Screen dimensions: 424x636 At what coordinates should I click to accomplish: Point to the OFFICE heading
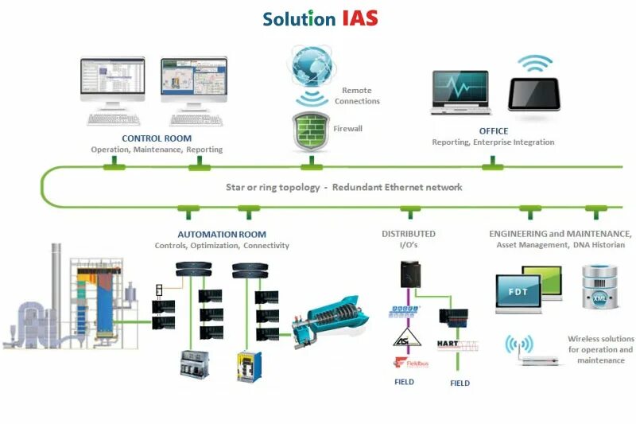coord(493,131)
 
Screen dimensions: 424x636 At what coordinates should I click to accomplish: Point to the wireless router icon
coord(529,352)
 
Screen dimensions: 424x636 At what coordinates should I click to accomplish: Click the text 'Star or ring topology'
coord(271,188)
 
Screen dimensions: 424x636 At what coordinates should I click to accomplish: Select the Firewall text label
coord(348,127)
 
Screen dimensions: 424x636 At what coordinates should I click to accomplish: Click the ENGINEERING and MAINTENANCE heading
coord(560,235)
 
